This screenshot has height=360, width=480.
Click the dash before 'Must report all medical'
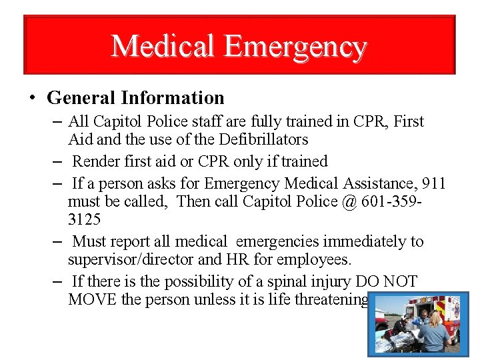(x=57, y=241)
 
